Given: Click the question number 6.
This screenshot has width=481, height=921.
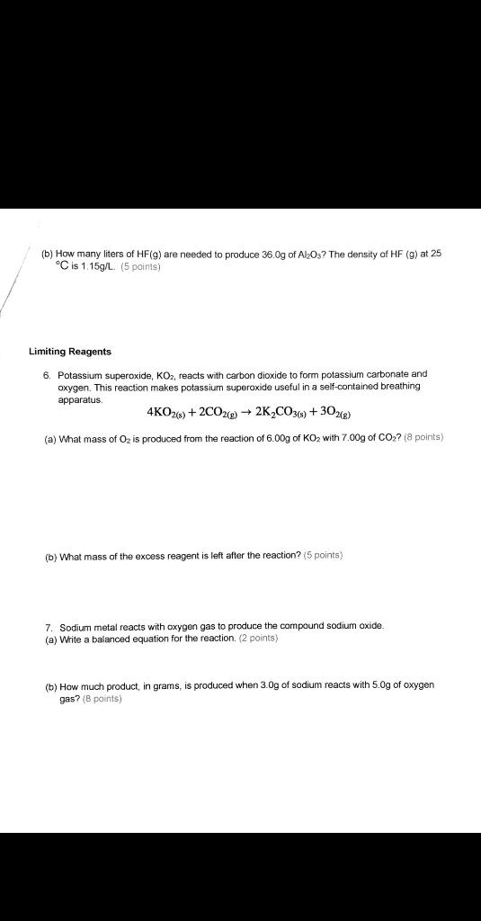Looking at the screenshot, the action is (x=49, y=373).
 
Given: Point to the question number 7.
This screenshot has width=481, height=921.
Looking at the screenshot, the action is (x=49, y=625).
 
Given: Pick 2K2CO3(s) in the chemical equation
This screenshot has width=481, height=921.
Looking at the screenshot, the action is (x=284, y=413).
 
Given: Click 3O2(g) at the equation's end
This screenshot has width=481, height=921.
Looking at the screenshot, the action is (x=335, y=413).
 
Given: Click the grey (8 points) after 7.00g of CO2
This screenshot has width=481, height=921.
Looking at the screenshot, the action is (x=422, y=437).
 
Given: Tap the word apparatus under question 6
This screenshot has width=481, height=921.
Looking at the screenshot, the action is (x=81, y=398).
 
